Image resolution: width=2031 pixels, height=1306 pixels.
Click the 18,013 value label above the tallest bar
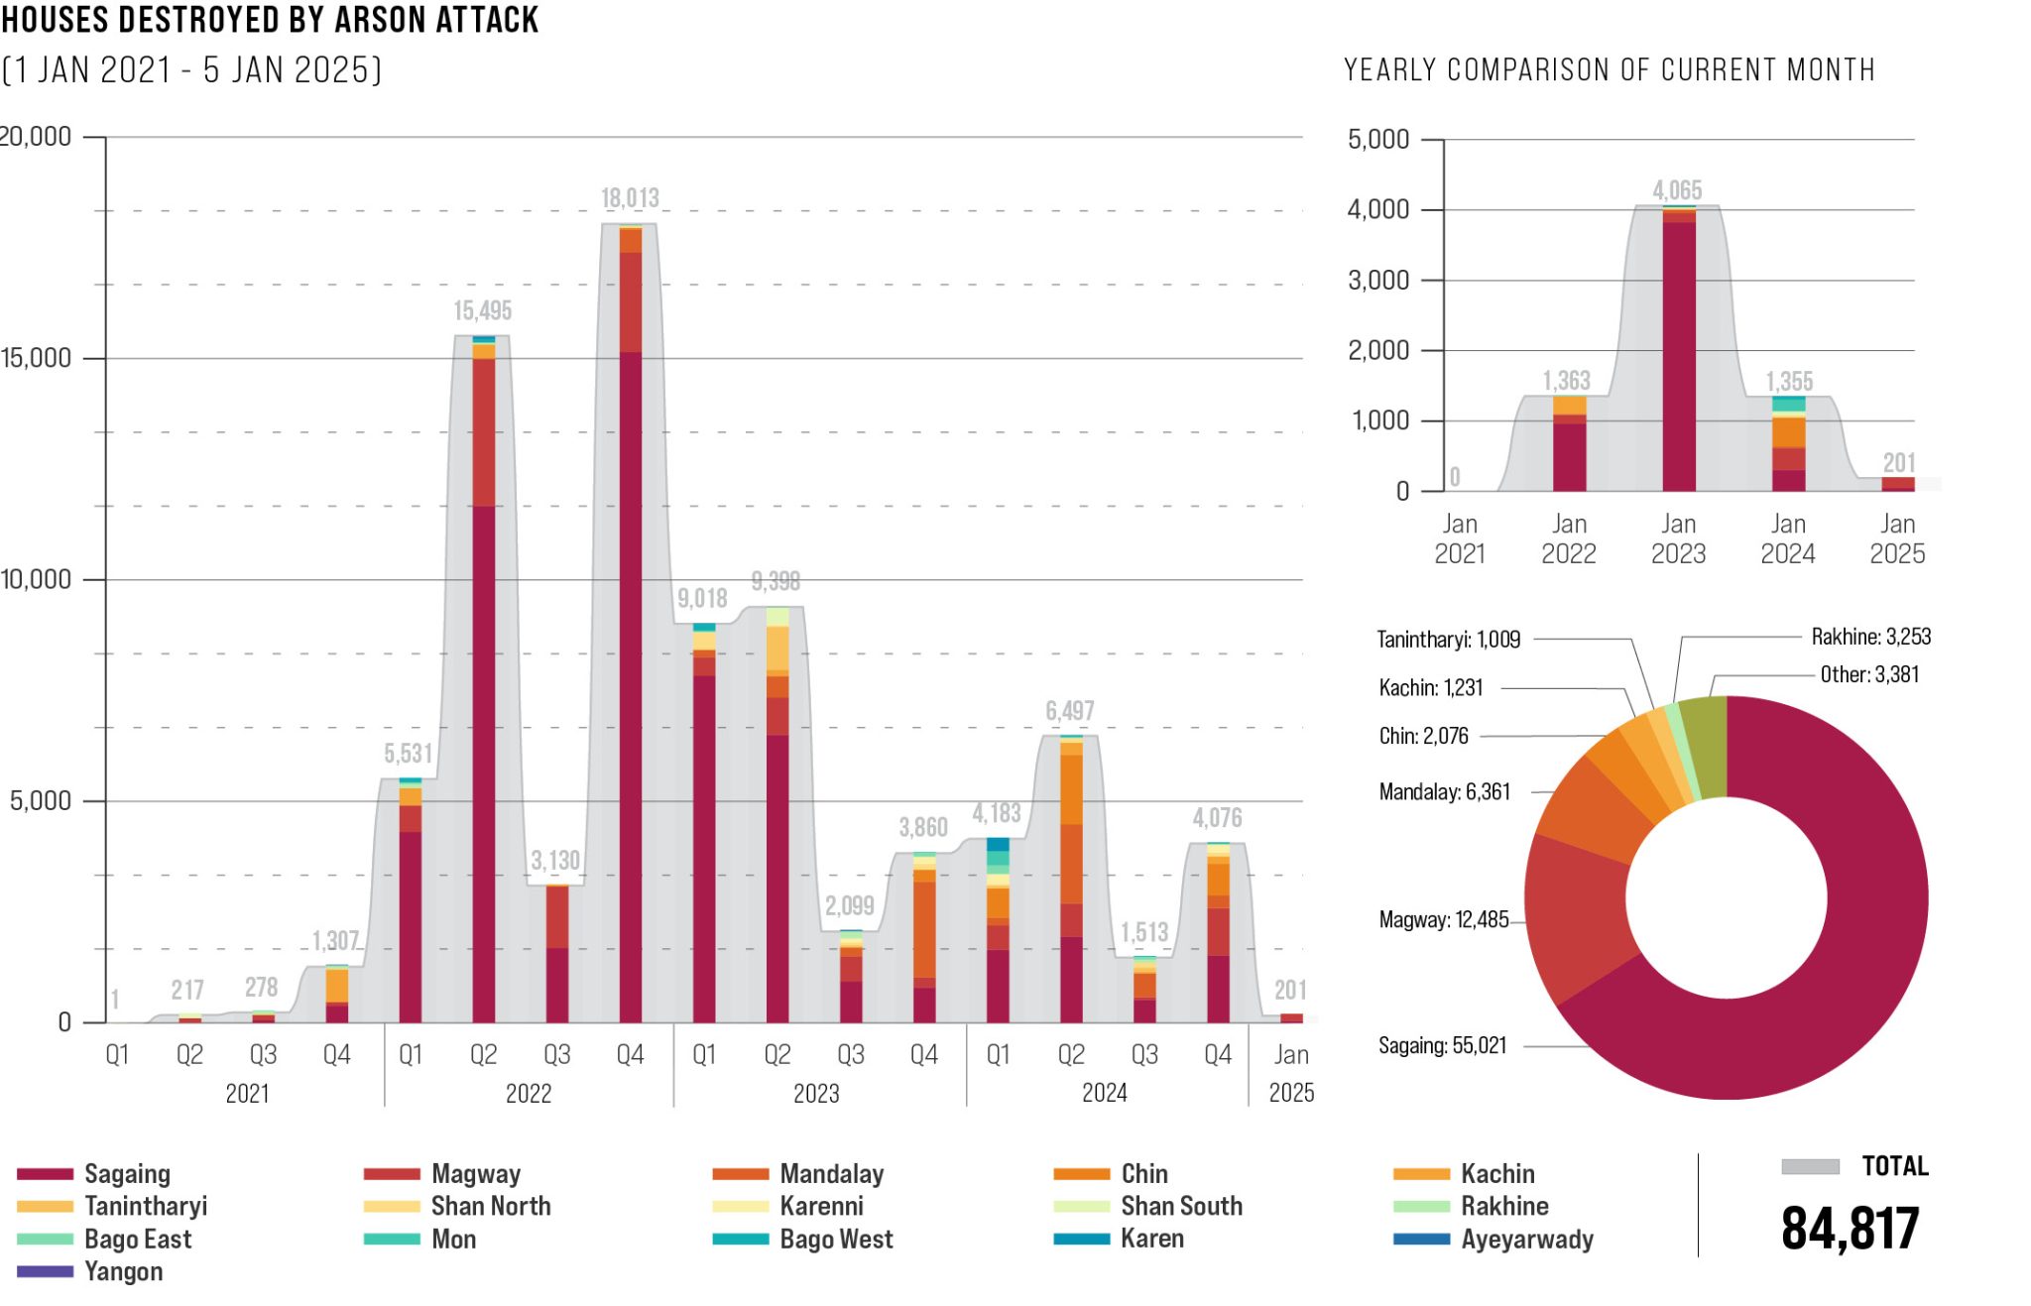click(630, 198)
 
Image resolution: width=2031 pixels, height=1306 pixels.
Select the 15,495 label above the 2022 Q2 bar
click(483, 310)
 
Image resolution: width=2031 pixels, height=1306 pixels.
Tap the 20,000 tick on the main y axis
click(37, 136)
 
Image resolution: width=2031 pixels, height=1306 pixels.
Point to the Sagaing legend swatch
click(45, 1174)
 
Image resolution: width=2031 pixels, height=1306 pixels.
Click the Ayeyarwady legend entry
click(1526, 1240)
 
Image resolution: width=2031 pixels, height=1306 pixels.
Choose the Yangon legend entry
click(123, 1271)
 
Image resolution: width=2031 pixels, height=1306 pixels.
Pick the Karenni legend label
click(821, 1206)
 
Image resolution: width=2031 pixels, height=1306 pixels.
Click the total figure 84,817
click(1850, 1229)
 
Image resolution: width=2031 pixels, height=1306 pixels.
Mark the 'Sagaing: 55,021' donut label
click(1442, 1045)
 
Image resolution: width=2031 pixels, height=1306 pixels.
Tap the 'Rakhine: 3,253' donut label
click(1870, 637)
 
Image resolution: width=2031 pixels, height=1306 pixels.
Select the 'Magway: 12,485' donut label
click(1443, 919)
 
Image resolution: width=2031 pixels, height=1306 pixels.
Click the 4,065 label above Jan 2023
click(1677, 190)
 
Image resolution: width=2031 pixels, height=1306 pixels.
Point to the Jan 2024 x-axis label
click(1787, 538)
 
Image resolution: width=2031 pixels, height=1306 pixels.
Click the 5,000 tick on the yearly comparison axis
click(1377, 139)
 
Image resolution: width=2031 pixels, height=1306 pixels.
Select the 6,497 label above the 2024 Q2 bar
click(1069, 711)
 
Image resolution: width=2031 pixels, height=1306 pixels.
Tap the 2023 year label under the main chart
click(816, 1093)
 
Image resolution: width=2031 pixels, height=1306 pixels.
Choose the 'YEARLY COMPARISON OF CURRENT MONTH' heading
click(1609, 70)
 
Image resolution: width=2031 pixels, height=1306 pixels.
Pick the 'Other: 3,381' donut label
click(1869, 674)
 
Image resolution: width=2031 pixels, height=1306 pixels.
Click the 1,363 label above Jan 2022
click(1566, 381)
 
